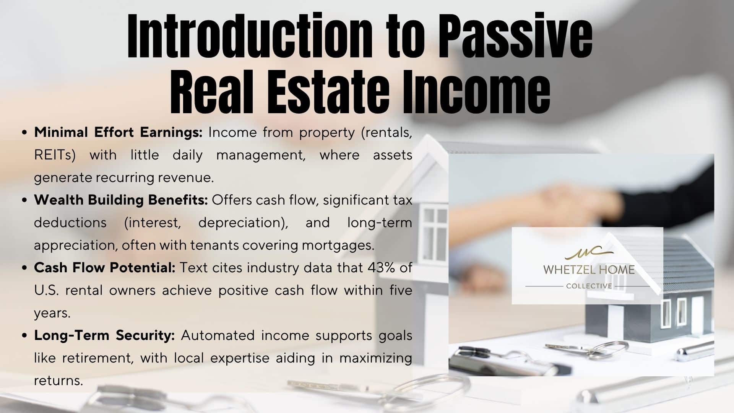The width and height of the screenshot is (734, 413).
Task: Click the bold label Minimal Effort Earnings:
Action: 118,132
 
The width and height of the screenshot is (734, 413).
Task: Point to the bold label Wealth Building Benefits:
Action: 121,200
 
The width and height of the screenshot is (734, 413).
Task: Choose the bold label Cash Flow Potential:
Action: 104,268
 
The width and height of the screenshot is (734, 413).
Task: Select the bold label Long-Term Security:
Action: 104,335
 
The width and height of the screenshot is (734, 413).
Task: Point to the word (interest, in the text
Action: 153,223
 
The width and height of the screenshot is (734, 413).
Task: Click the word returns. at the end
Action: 58,381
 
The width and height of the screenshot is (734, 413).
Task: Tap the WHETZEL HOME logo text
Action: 589,270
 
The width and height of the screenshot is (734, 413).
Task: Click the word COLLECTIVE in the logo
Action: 589,286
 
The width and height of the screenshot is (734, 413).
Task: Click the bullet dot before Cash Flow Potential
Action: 25,268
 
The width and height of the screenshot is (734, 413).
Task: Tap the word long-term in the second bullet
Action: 380,223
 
